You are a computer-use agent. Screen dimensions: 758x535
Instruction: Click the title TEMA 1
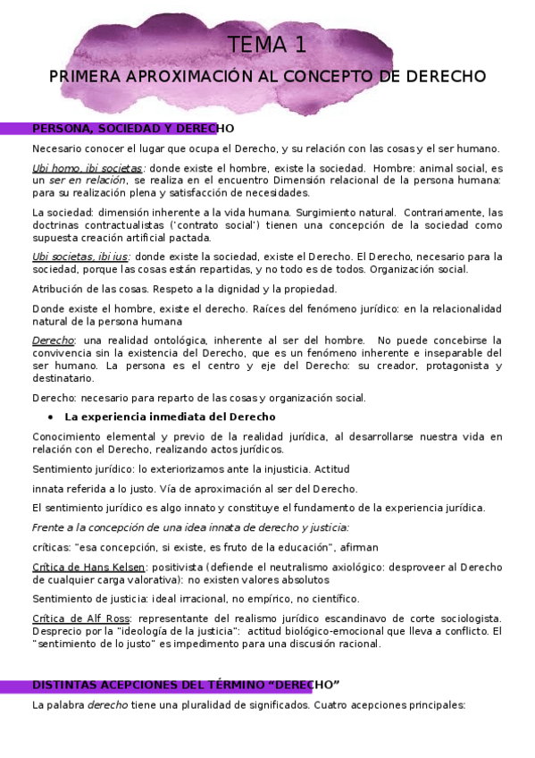267,45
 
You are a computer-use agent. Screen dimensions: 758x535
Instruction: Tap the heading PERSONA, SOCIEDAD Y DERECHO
132,129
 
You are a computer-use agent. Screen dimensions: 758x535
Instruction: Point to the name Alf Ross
104,619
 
